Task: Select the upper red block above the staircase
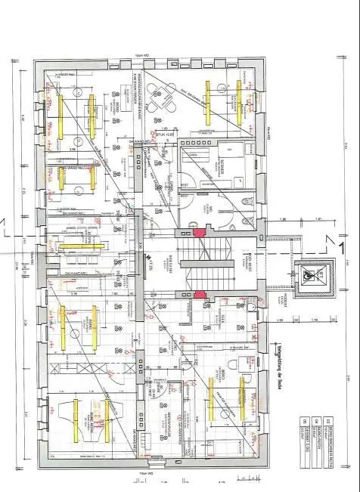[199, 234]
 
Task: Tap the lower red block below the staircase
[199, 295]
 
